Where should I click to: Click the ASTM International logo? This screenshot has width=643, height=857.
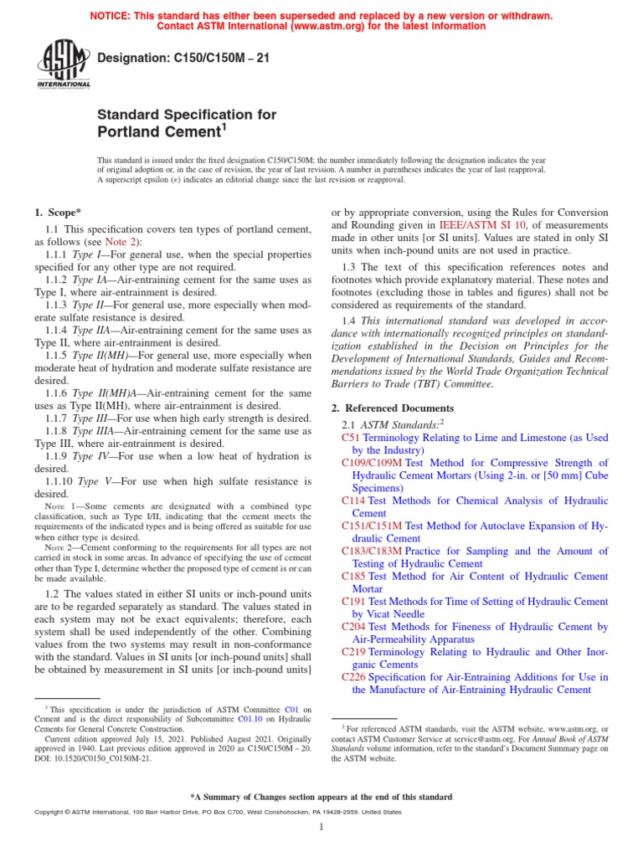(x=63, y=66)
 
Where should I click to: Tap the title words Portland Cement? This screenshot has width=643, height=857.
(x=158, y=132)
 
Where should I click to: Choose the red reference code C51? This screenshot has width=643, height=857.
(x=350, y=438)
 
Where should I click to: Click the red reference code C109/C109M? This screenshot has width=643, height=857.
(x=372, y=463)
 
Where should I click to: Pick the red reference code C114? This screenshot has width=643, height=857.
(x=353, y=500)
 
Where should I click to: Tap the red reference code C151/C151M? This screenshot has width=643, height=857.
(x=372, y=526)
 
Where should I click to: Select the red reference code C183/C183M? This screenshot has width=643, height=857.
(x=372, y=552)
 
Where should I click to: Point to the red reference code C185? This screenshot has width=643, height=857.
(x=353, y=577)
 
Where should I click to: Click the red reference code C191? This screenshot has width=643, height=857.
(x=353, y=602)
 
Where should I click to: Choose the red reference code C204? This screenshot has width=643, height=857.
(x=353, y=627)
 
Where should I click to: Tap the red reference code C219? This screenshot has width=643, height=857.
(x=353, y=652)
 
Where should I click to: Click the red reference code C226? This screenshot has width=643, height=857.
(x=353, y=677)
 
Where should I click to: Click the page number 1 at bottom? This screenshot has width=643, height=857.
(x=321, y=828)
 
